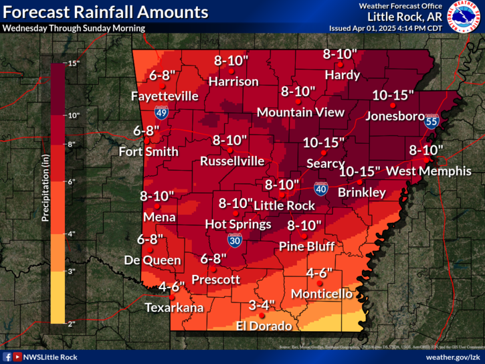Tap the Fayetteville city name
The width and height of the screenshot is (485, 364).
coord(165,96)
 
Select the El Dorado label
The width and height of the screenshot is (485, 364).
coord(264,327)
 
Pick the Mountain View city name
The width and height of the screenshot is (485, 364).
coord(300,112)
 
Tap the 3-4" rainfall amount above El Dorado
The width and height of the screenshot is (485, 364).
coord(262,305)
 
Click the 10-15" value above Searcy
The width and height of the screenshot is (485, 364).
coord(323,142)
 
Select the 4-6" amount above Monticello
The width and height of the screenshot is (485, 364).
coord(319,273)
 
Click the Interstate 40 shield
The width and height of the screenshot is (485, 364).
coord(321,189)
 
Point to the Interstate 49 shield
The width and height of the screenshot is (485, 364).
coord(161,112)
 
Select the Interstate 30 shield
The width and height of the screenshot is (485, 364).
coord(235,240)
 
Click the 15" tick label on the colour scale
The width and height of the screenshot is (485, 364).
coord(74,63)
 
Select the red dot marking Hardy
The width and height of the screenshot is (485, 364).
coord(340,64)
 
